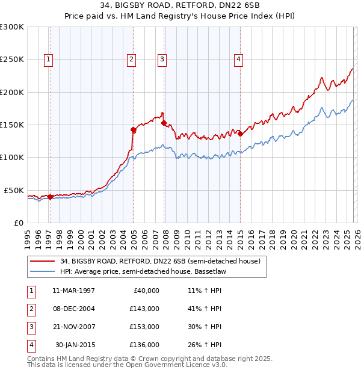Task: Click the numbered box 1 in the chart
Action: pyautogui.click(x=48, y=59)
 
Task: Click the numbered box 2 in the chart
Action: pyautogui.click(x=131, y=59)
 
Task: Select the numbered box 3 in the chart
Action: pyautogui.click(x=162, y=59)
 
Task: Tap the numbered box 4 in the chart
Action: pyautogui.click(x=239, y=59)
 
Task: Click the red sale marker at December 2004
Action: pyautogui.click(x=133, y=129)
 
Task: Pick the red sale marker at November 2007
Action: pyautogui.click(x=164, y=123)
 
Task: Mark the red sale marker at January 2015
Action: pyautogui.click(x=240, y=134)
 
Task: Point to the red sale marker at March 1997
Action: pyautogui.click(x=50, y=197)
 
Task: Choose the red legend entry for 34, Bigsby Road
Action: pyautogui.click(x=159, y=261)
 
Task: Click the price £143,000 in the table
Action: pyautogui.click(x=144, y=308)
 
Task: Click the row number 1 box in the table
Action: pyautogui.click(x=30, y=290)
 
